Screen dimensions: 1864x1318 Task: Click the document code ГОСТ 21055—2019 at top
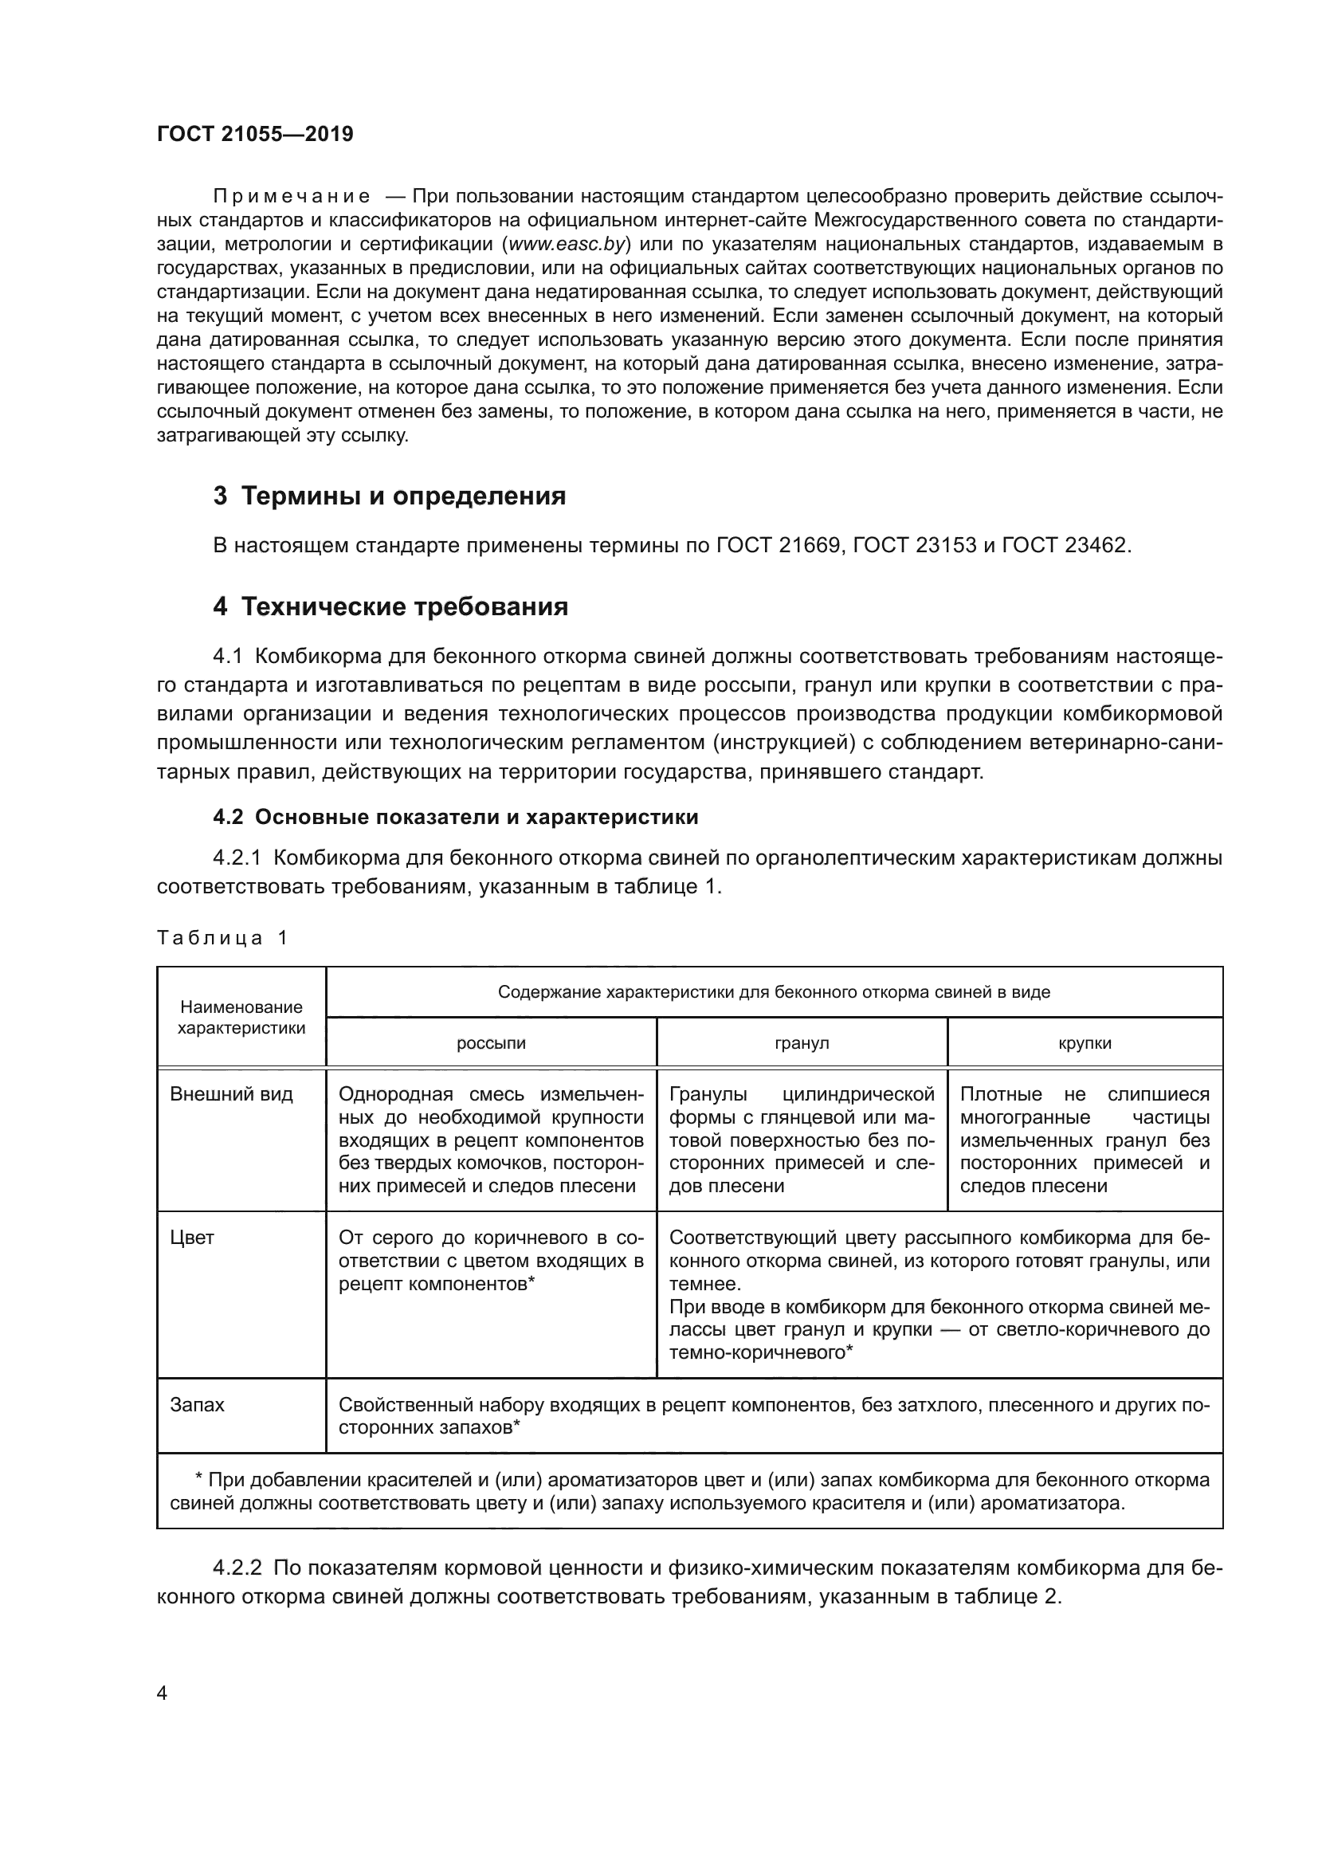point(255,134)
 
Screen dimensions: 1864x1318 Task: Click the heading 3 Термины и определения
point(390,496)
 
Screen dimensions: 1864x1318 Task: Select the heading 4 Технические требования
point(390,606)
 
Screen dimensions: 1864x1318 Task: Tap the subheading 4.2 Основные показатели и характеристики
point(455,817)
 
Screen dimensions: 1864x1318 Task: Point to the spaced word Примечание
point(292,197)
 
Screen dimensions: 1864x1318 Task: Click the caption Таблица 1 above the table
point(222,938)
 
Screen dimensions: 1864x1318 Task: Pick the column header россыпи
point(491,1043)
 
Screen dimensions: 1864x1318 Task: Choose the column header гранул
point(802,1043)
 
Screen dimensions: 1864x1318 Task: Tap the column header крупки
point(1085,1043)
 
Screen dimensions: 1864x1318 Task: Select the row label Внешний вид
point(231,1094)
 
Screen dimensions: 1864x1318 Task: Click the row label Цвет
point(191,1238)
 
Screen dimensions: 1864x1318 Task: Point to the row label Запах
point(197,1404)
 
